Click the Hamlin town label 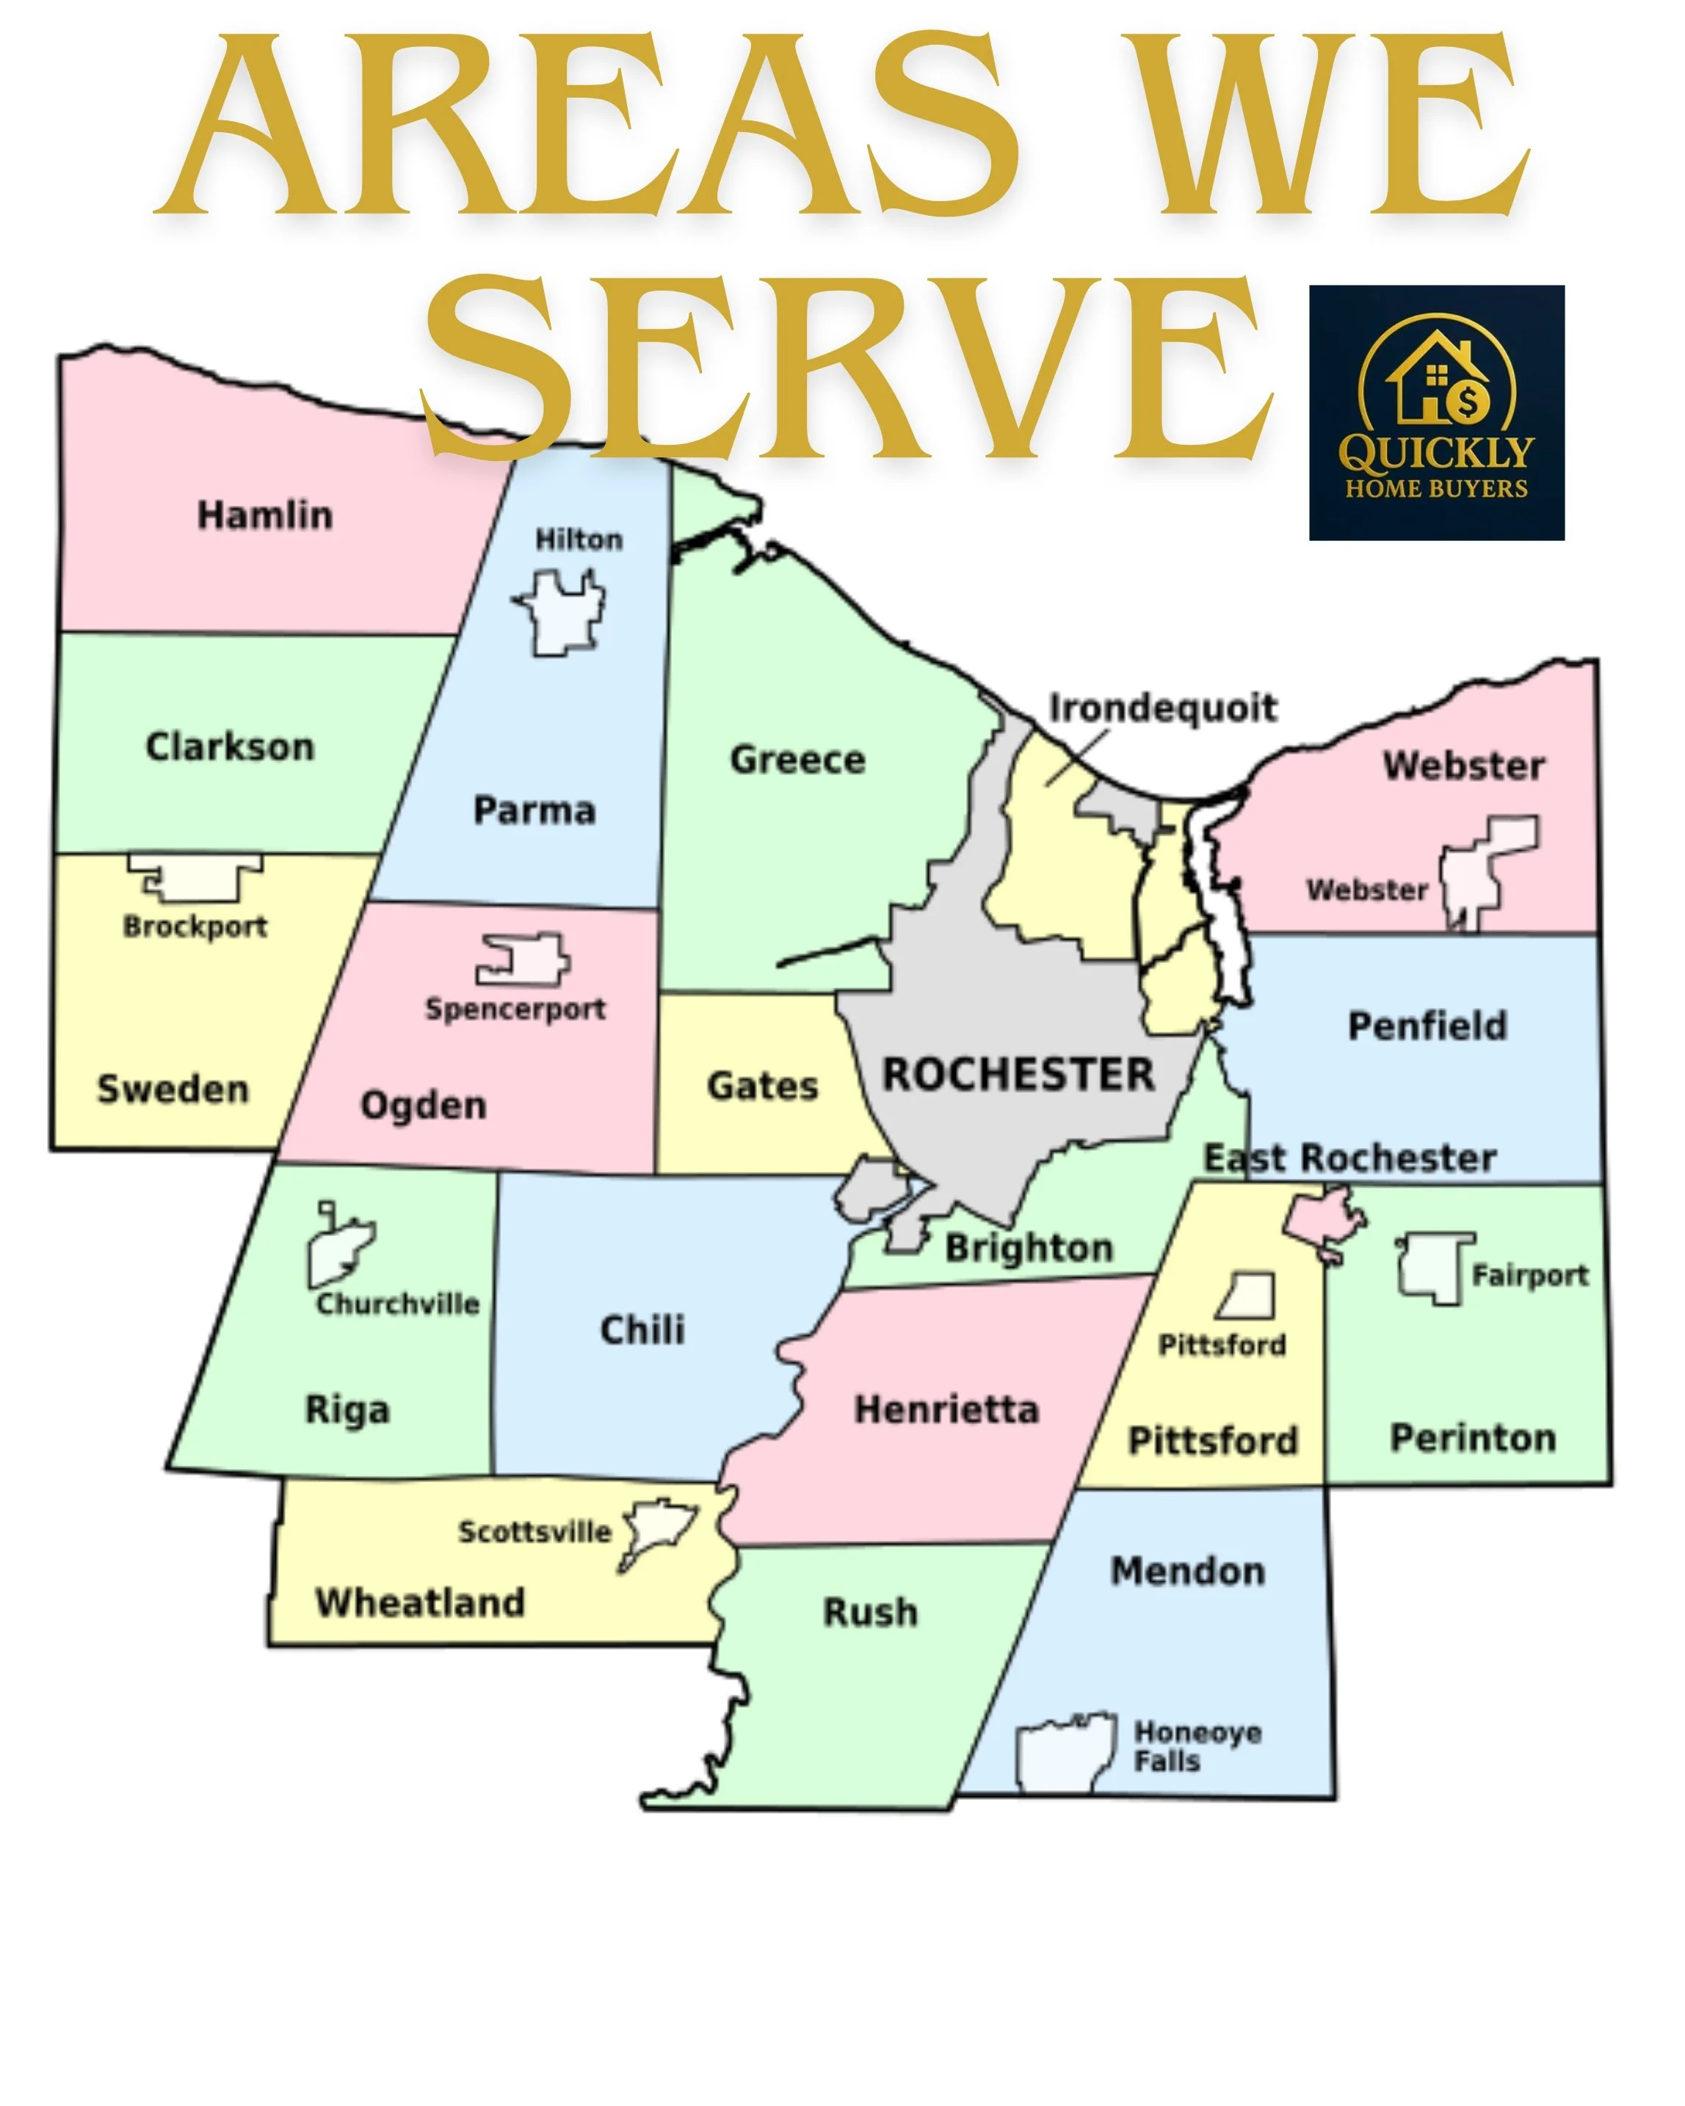tap(265, 515)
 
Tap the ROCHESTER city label tap(1018, 1075)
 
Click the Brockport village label tap(195, 926)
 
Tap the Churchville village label tap(397, 1304)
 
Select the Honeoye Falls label tap(1197, 1746)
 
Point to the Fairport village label tap(1529, 1276)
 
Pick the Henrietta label tap(946, 1409)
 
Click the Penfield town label tap(1427, 1025)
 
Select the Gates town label tap(762, 1085)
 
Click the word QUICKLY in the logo tap(1436, 452)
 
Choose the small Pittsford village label tap(1222, 1345)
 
